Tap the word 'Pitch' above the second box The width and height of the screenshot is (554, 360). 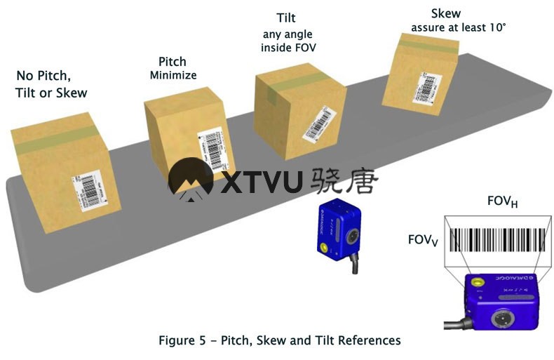(x=172, y=62)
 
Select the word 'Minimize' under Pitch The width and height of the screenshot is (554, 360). (x=173, y=74)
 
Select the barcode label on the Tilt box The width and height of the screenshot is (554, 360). (x=318, y=124)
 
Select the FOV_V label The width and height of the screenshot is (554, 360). (x=423, y=240)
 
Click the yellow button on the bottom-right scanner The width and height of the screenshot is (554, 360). (x=479, y=283)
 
